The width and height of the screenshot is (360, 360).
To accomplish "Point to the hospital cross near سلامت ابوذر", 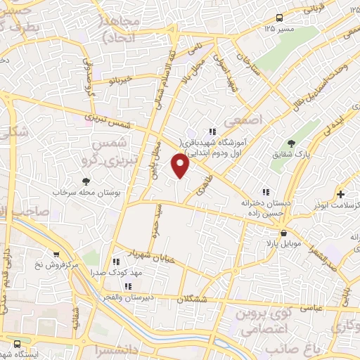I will (341, 194).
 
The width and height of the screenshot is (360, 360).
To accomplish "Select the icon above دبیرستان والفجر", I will (128, 286).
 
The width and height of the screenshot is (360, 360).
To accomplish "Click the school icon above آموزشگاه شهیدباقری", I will (212, 131).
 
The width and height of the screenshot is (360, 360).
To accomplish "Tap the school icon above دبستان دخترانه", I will (265, 191).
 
